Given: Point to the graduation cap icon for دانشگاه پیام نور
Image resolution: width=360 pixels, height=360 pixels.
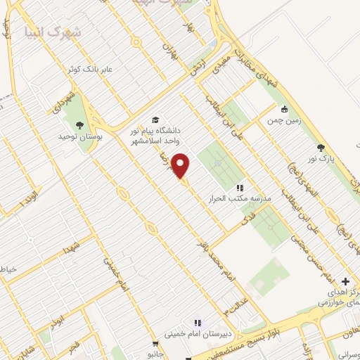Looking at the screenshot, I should click(155, 120).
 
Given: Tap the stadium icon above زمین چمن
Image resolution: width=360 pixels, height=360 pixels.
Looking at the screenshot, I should click(285, 109).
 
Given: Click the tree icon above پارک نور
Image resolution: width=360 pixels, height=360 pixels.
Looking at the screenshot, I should click(321, 148).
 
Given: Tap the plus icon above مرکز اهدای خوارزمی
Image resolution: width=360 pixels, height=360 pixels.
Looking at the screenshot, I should click(345, 281).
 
